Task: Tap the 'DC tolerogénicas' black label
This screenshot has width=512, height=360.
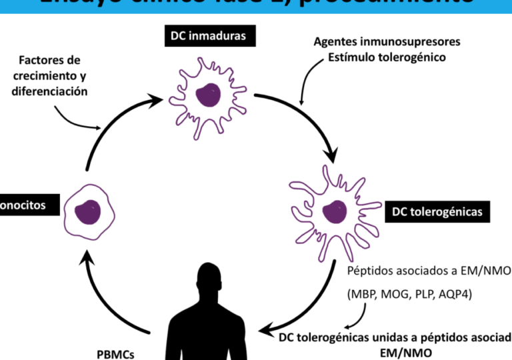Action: point(437,212)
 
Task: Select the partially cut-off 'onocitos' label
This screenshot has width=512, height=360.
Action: point(23,205)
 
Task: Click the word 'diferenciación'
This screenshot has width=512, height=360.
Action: point(49,91)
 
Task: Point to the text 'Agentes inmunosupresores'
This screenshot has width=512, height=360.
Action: point(387,42)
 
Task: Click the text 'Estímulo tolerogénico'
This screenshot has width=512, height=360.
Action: point(387,57)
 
